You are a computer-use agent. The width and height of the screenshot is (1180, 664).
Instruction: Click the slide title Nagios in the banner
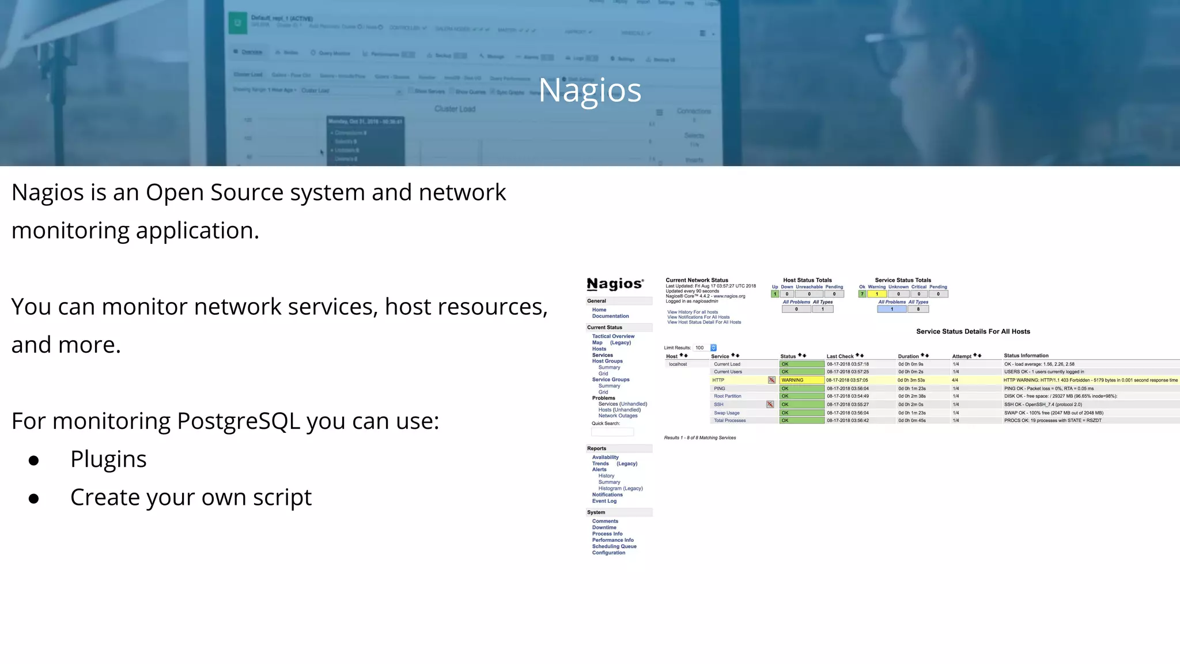pyautogui.click(x=589, y=90)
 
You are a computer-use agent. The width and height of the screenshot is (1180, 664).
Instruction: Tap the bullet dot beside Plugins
pyautogui.click(x=34, y=460)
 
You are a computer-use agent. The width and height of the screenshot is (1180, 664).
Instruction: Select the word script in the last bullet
pyautogui.click(x=282, y=497)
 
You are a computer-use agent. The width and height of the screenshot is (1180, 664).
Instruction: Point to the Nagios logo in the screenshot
pyautogui.click(x=615, y=284)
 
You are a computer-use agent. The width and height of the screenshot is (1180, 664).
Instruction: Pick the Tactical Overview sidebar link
pyautogui.click(x=613, y=336)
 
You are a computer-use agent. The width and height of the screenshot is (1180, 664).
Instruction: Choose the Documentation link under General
pyautogui.click(x=610, y=316)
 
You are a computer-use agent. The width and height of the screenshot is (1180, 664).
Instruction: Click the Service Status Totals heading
pyautogui.click(x=903, y=280)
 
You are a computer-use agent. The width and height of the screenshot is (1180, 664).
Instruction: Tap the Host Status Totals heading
pyautogui.click(x=807, y=280)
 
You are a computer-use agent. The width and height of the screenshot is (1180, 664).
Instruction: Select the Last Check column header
pyautogui.click(x=839, y=356)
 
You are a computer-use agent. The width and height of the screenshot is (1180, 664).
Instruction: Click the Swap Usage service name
pyautogui.click(x=727, y=413)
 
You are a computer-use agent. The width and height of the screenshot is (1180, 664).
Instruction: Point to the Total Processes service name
pyautogui.click(x=729, y=421)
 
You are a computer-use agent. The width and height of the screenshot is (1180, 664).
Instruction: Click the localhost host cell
pyautogui.click(x=678, y=364)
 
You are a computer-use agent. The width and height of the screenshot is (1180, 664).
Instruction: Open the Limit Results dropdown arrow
pyautogui.click(x=713, y=348)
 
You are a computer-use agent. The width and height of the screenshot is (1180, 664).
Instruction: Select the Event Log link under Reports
pyautogui.click(x=604, y=501)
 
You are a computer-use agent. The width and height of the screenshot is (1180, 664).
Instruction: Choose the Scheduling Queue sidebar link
pyautogui.click(x=614, y=546)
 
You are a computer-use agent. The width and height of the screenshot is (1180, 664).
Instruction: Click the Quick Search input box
pyautogui.click(x=612, y=432)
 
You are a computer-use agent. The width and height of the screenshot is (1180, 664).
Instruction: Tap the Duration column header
pyautogui.click(x=908, y=356)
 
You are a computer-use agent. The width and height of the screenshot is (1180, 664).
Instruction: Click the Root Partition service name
pyautogui.click(x=727, y=396)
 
